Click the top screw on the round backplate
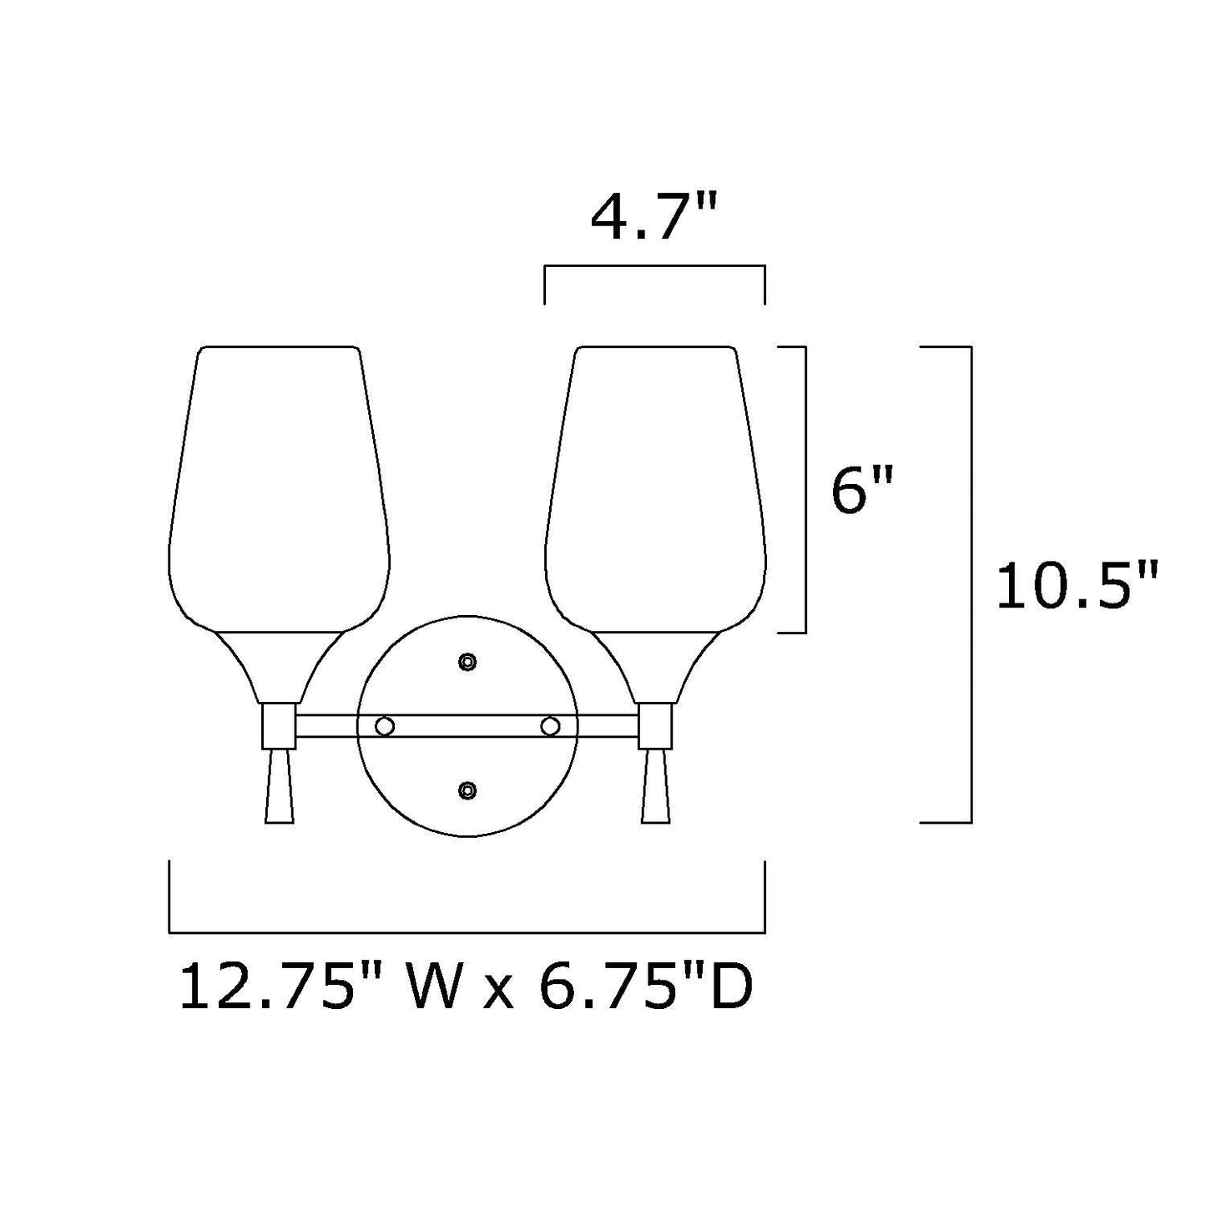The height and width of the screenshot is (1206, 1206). click(468, 662)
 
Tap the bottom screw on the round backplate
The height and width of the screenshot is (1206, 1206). click(468, 790)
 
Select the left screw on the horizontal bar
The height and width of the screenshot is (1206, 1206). click(385, 726)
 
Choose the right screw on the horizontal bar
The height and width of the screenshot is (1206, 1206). click(549, 726)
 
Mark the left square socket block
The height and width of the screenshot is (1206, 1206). click(279, 725)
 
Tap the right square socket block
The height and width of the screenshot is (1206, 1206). click(656, 725)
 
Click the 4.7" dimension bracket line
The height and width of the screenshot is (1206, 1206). click(654, 266)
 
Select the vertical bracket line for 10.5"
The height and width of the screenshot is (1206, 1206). click(971, 584)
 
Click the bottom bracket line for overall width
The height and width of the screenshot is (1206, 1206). click(467, 931)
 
